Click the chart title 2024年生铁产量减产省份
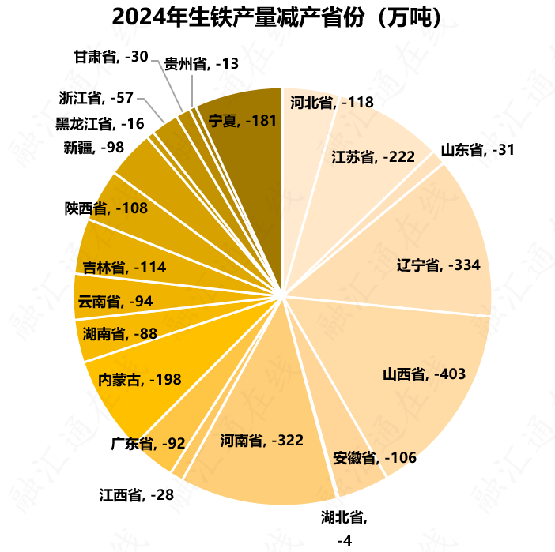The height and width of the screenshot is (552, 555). point(277,17)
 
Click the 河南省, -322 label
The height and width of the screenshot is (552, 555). point(262,439)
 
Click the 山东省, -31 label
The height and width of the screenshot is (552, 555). point(478,149)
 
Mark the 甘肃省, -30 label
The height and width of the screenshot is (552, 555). point(111,57)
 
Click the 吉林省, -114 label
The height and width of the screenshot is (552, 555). point(124,268)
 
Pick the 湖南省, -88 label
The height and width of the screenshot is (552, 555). point(119,333)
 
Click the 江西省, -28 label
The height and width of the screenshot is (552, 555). point(136,495)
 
